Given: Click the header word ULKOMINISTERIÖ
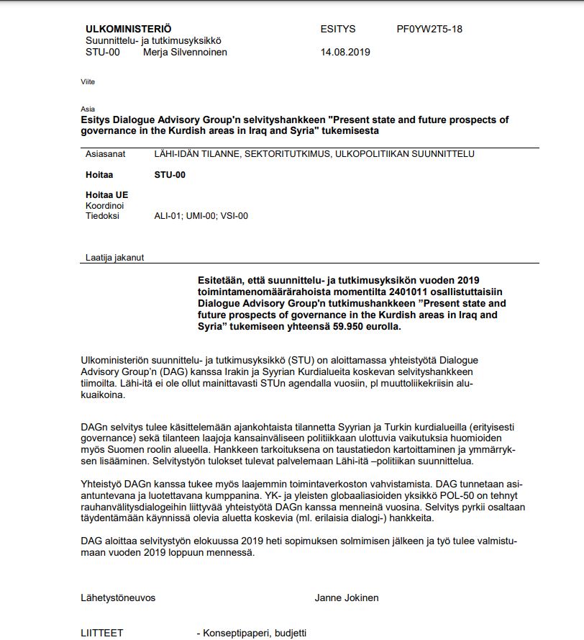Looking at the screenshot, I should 128,30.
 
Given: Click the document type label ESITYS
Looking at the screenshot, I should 338,30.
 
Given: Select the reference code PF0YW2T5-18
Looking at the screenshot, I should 429,30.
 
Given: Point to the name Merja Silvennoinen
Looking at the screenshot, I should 185,53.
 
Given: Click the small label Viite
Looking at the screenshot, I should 88,82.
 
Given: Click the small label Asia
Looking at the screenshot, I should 88,109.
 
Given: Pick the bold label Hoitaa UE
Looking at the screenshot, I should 107,195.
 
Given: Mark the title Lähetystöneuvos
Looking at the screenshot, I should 118,598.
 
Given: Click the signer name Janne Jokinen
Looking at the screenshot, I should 346,598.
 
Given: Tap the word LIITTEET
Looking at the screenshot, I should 102,633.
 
